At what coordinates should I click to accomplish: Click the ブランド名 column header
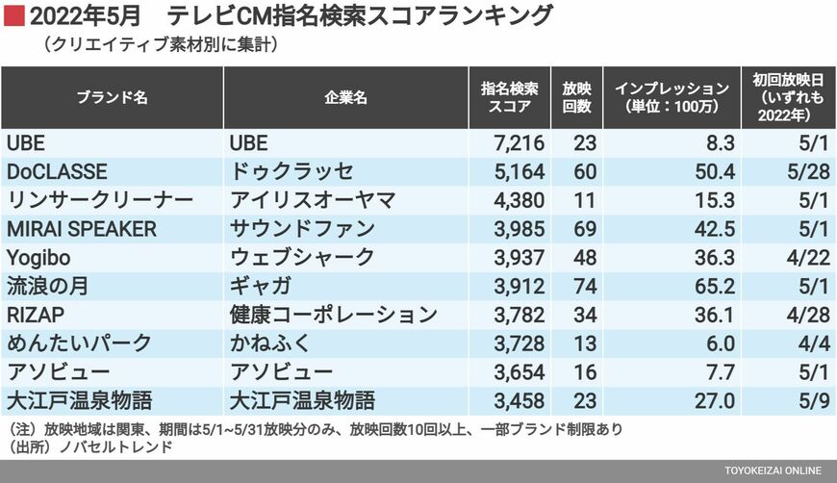112,97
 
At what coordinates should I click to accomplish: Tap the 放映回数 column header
576,97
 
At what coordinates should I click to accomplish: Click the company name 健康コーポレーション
334,315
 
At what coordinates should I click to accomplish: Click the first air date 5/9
806,400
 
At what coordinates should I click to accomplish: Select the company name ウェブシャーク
302,257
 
